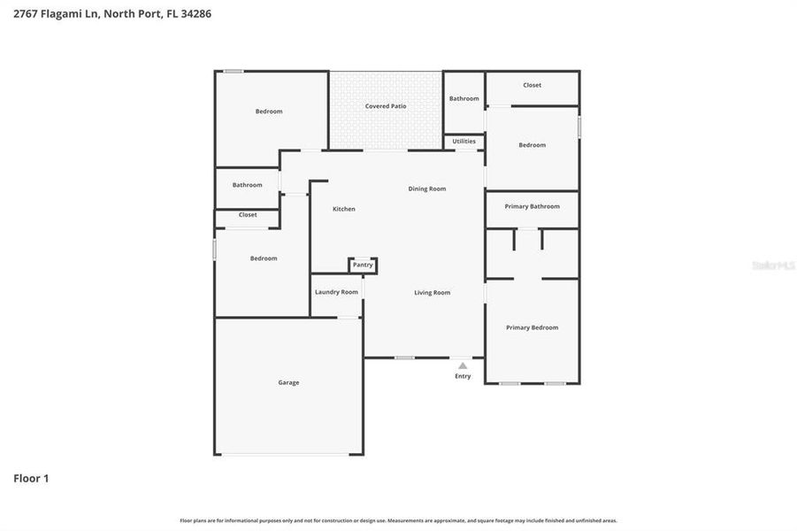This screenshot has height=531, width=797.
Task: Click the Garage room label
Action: (288, 382)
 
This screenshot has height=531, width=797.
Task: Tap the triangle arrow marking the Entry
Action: (463, 365)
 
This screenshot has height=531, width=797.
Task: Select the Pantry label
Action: (363, 265)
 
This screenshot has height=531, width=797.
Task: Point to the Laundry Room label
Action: (336, 292)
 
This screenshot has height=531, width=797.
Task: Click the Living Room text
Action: (433, 292)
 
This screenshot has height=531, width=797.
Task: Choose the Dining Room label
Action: (426, 189)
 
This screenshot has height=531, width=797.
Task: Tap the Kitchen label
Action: (344, 209)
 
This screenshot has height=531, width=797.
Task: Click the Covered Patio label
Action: (386, 106)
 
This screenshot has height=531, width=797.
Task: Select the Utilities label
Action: (464, 141)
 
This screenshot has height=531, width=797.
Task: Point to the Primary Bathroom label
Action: (532, 206)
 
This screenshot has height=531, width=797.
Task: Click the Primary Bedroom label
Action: (532, 327)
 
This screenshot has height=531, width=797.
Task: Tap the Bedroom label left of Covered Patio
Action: (269, 112)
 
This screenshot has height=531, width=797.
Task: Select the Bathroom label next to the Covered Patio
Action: (464, 98)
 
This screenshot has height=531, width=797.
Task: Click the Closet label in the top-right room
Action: (532, 85)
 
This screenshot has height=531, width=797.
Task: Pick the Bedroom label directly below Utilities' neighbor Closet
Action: (532, 145)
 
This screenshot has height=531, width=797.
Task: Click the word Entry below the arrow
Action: (463, 376)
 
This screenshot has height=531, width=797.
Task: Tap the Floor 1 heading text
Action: (31, 479)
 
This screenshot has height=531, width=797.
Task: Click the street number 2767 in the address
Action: (25, 13)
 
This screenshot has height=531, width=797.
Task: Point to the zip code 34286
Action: (195, 13)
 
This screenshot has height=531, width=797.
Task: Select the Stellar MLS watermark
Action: (772, 265)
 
